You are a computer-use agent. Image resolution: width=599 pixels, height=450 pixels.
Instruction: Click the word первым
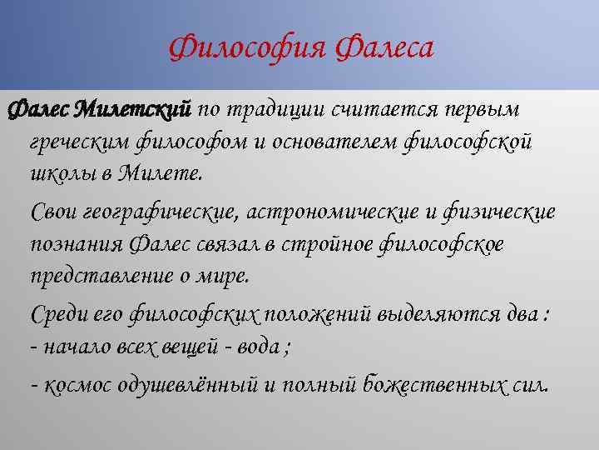click(504, 109)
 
